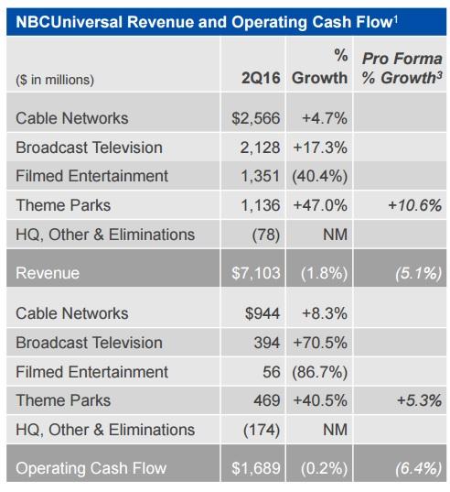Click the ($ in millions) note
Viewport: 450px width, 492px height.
point(55,80)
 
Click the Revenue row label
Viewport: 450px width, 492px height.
point(48,272)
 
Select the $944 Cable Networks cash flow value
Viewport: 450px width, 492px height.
point(264,313)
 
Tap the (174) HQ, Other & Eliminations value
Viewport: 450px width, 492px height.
point(264,429)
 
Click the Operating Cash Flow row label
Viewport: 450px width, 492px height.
point(91,468)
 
